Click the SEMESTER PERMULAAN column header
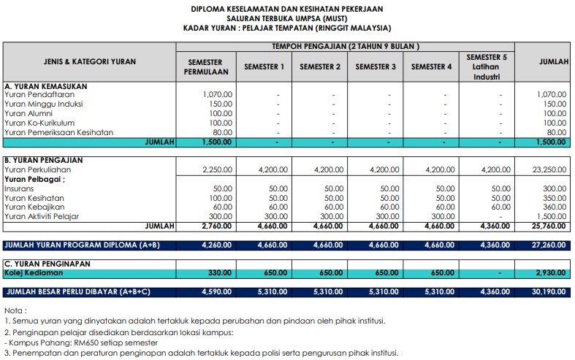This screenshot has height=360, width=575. (205, 66)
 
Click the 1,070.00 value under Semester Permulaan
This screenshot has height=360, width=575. (217, 94)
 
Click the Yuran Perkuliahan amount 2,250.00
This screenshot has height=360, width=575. (217, 169)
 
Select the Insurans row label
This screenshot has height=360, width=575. (19, 188)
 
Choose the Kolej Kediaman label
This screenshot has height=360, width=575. (34, 272)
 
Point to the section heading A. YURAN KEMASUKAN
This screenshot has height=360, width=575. (45, 85)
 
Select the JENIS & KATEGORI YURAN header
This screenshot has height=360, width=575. (90, 62)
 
